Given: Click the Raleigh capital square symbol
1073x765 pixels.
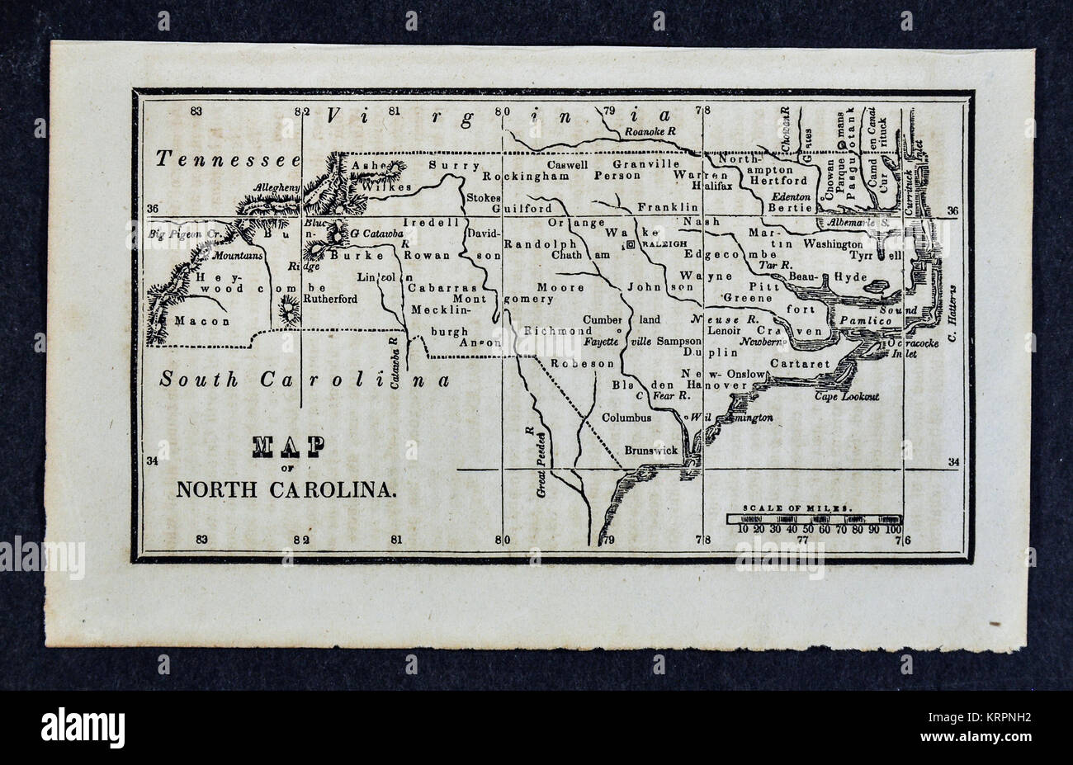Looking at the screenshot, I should point(630,245).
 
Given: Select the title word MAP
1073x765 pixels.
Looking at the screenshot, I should point(288,446).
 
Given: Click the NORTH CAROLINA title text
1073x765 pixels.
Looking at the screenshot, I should point(286,489).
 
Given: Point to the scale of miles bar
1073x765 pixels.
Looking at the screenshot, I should point(814,519).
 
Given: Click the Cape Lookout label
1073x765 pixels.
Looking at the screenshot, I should point(846,397).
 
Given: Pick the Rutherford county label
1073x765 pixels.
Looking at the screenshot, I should point(330,299).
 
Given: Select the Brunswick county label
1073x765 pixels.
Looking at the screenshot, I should point(651,450).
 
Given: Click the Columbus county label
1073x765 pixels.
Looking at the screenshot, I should point(626,418).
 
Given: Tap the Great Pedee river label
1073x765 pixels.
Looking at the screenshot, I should point(541,464).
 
